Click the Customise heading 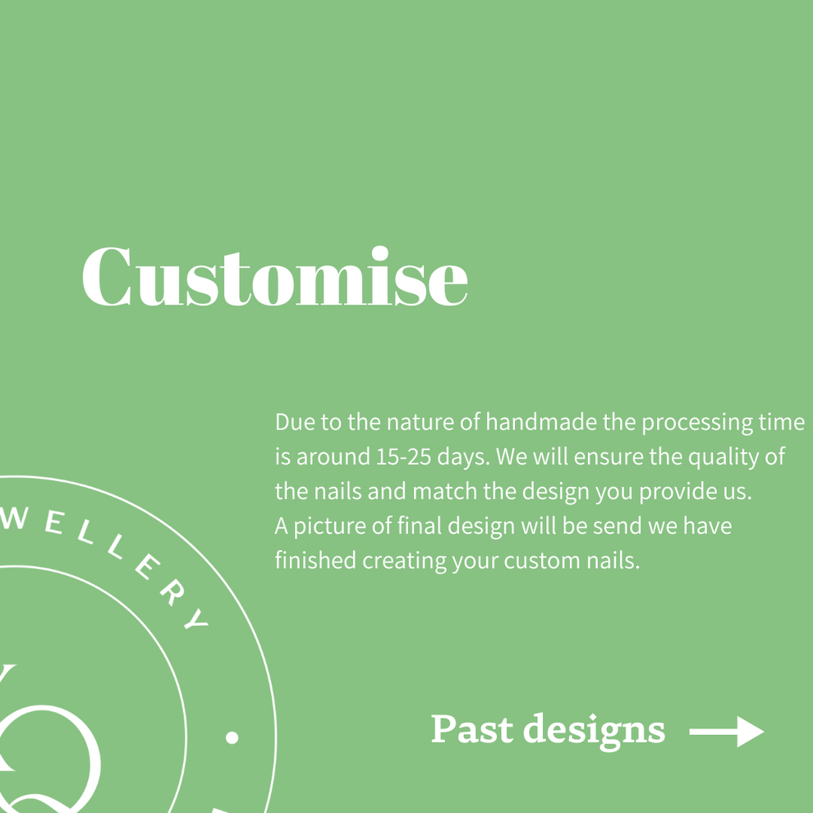pyautogui.click(x=274, y=278)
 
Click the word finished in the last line pyautogui.click(x=311, y=561)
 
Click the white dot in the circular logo pyautogui.click(x=232, y=737)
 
